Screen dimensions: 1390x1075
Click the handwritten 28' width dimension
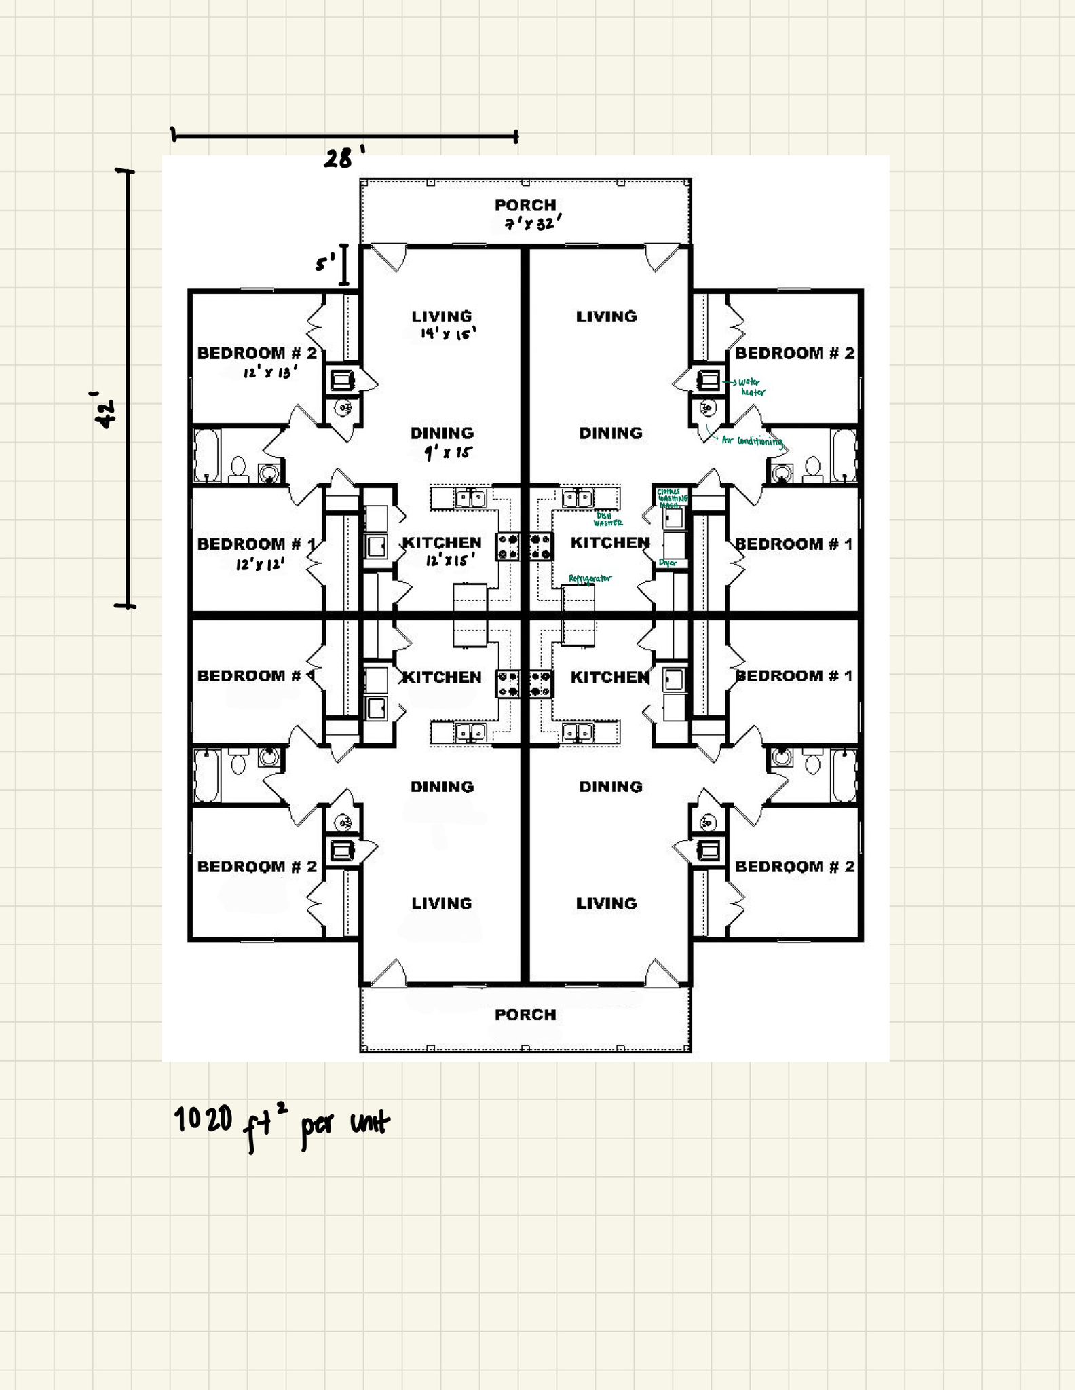343,158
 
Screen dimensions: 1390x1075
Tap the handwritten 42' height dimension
105,409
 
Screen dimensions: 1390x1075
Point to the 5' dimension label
326,262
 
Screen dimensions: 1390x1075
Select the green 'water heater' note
752,388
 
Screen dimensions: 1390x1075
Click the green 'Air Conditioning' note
752,441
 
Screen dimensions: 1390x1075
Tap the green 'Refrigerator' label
590,578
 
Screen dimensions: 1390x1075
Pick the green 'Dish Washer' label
607,519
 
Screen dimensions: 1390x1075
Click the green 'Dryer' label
667,563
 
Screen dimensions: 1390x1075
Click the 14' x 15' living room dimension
448,333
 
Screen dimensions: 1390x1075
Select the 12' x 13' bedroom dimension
270,372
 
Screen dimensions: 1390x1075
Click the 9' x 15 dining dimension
448,453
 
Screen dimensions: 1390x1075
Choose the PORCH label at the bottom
525,1015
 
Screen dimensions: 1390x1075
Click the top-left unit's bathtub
206,455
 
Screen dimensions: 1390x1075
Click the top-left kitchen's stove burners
508,547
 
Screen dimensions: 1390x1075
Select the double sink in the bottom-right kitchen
578,732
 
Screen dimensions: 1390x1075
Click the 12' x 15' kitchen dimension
450,561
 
